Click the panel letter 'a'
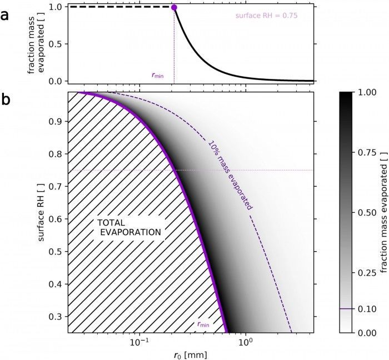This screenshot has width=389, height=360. point(5,14)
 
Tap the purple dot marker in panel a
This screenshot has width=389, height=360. point(174,7)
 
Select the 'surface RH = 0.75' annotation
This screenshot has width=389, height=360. point(267,16)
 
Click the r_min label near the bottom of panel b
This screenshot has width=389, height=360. point(203,323)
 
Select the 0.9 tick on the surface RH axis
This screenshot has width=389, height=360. point(55,121)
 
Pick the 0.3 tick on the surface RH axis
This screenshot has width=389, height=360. point(55,316)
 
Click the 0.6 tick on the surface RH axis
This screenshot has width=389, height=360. point(55,219)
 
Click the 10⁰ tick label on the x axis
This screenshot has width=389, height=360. point(245,342)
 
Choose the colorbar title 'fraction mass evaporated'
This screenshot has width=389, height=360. point(383,212)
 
